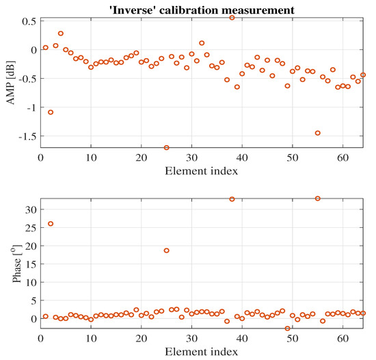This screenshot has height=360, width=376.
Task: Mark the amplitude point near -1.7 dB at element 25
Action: (x=167, y=147)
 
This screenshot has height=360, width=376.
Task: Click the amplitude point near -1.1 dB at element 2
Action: (x=51, y=112)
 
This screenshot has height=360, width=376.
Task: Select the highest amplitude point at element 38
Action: (x=232, y=18)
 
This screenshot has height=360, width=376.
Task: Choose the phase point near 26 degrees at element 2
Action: (x=51, y=224)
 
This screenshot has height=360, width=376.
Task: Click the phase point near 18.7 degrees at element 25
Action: (x=167, y=250)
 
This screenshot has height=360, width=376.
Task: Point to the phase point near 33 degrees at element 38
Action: (x=232, y=199)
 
